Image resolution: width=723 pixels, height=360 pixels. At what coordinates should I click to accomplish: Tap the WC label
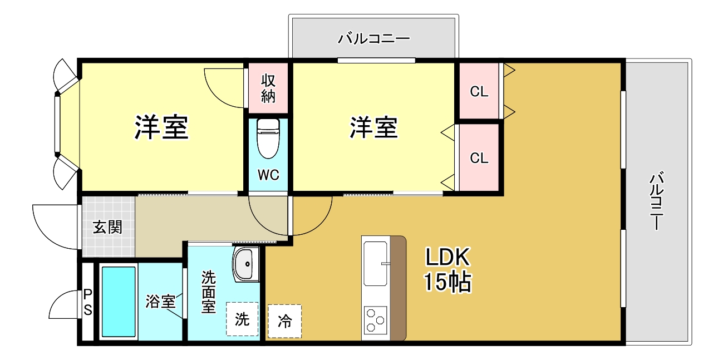click(x=268, y=175)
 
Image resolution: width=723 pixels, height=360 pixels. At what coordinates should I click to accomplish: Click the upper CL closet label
click(x=479, y=92)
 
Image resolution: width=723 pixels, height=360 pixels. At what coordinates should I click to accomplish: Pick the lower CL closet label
click(x=479, y=158)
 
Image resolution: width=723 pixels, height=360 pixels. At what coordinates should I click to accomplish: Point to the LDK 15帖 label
click(x=448, y=270)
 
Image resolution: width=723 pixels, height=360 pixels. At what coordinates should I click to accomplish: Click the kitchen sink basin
click(x=376, y=263)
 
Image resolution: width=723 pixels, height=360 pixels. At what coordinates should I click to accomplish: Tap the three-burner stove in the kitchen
click(x=375, y=321)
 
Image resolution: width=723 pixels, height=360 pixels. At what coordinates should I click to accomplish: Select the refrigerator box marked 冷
click(x=284, y=321)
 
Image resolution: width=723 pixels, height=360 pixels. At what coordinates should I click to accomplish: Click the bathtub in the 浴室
click(x=118, y=302)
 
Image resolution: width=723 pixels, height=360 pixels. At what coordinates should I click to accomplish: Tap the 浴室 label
click(x=160, y=302)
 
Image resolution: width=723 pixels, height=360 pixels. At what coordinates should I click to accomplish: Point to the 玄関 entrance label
click(x=107, y=227)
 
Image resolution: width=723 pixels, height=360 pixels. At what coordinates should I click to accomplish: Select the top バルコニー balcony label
click(x=374, y=39)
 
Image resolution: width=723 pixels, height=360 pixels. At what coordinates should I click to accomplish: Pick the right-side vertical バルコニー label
click(x=657, y=202)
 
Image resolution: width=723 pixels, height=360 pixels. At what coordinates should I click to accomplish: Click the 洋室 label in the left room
click(x=161, y=127)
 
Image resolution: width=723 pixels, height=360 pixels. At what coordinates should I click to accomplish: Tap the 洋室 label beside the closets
click(x=374, y=127)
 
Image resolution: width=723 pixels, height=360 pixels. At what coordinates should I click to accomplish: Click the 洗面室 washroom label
click(x=208, y=292)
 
